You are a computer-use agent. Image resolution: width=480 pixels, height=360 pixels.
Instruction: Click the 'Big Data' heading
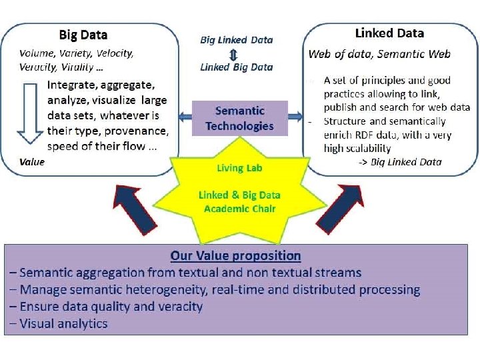click(x=83, y=35)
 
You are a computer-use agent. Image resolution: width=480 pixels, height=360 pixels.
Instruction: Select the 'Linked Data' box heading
click(x=389, y=33)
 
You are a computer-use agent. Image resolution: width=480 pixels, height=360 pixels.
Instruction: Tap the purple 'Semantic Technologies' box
click(x=239, y=118)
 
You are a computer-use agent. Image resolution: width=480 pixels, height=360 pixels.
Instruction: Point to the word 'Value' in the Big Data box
click(x=32, y=162)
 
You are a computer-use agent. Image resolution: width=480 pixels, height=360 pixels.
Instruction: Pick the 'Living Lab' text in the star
click(x=239, y=168)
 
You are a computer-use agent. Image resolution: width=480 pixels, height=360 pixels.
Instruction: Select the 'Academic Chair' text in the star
click(x=239, y=208)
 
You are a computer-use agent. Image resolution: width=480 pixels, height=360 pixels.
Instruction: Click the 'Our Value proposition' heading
click(x=235, y=255)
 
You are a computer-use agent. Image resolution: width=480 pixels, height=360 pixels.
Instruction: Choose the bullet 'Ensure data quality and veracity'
click(x=111, y=307)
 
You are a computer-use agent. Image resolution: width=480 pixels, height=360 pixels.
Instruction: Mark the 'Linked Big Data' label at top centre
click(x=237, y=67)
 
